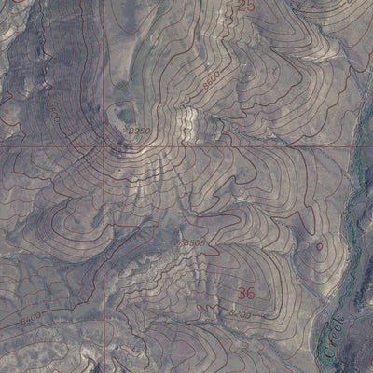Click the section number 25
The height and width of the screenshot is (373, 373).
[x=246, y=7]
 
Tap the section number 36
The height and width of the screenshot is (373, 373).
[x=246, y=294]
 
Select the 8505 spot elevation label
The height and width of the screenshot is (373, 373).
[x=193, y=242]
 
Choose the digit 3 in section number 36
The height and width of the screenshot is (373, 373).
[x=242, y=294]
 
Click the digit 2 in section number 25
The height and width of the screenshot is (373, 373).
[x=242, y=7]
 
